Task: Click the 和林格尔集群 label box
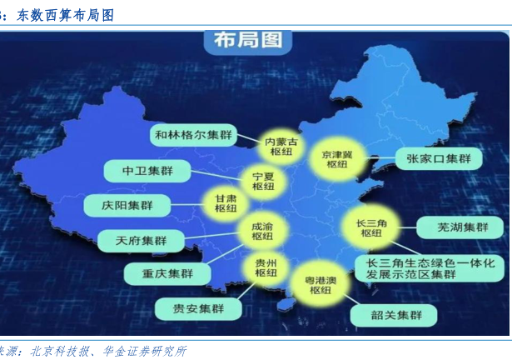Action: [x=194, y=135]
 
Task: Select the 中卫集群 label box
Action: [x=147, y=171]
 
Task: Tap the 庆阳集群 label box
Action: [x=127, y=205]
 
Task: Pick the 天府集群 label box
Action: [x=141, y=241]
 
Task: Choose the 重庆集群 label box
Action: [x=167, y=273]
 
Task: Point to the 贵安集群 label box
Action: [x=198, y=308]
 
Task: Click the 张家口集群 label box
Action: [x=439, y=159]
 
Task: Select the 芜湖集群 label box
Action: [x=460, y=227]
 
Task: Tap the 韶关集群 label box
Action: [x=394, y=315]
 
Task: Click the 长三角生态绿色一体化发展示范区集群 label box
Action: [x=430, y=268]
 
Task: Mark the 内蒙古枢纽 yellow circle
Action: [x=281, y=147]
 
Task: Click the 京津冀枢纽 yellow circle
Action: [x=337, y=159]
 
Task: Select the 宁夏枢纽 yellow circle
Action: [x=263, y=182]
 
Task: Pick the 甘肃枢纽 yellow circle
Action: [x=226, y=203]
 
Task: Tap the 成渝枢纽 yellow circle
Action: [x=262, y=232]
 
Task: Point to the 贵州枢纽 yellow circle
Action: [x=266, y=267]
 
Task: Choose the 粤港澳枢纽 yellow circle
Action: [x=321, y=285]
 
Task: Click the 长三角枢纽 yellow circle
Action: [x=371, y=227]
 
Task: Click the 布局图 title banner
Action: [x=248, y=41]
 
